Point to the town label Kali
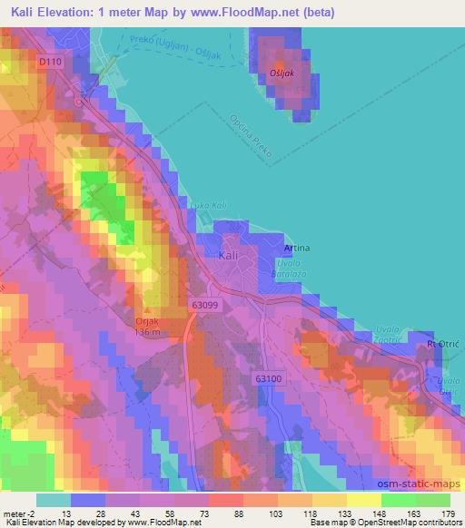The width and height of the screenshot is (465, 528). pyautogui.click(x=230, y=257)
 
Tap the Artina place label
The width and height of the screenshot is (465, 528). pyautogui.click(x=297, y=248)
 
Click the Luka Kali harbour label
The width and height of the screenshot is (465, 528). pyautogui.click(x=206, y=205)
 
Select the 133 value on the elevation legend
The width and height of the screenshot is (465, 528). pyautogui.click(x=331, y=513)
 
